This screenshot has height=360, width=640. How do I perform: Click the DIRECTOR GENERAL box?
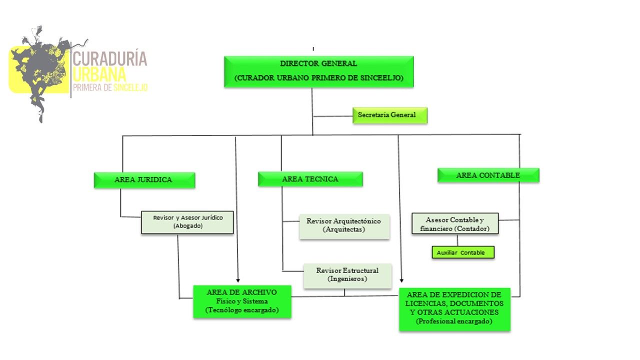pos(318,71)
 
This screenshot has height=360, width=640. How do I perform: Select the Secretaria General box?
pos(390,115)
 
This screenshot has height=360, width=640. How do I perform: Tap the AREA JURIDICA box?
pos(144,180)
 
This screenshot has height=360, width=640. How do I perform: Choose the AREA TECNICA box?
pos(310,179)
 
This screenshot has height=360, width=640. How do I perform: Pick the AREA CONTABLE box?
pos(488,175)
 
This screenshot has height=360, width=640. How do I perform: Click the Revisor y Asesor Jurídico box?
pos(187,222)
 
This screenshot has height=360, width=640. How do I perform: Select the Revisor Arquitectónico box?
pos(344,225)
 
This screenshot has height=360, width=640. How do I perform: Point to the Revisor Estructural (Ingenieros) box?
pos(347,275)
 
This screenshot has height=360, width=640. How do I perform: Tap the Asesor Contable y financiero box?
pos(455,224)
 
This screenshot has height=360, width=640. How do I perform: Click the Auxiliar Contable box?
pos(463,252)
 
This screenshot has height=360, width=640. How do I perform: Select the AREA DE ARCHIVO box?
pos(242,301)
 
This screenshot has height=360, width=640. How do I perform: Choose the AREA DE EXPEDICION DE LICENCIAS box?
pos(454,308)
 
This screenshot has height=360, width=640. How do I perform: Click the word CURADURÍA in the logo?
pos(110,59)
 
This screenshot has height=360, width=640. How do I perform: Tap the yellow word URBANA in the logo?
pos(99,74)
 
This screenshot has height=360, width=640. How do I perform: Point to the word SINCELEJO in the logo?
pos(130,87)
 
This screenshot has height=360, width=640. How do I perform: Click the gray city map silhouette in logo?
pos(42,70)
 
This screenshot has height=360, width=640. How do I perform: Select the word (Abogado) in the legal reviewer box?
pos(187,226)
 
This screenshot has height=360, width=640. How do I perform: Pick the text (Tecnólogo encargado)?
pos(242,310)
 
